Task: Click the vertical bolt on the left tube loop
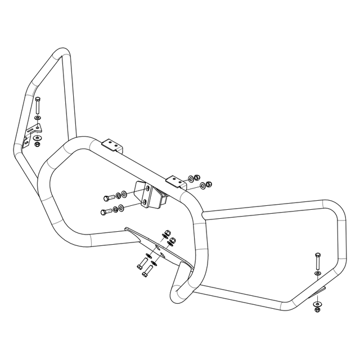37,105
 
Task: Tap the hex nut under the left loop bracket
37,143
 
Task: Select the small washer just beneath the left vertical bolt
37,118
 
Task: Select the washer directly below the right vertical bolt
317,274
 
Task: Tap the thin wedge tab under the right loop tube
321,290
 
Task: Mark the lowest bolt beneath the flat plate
145,273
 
